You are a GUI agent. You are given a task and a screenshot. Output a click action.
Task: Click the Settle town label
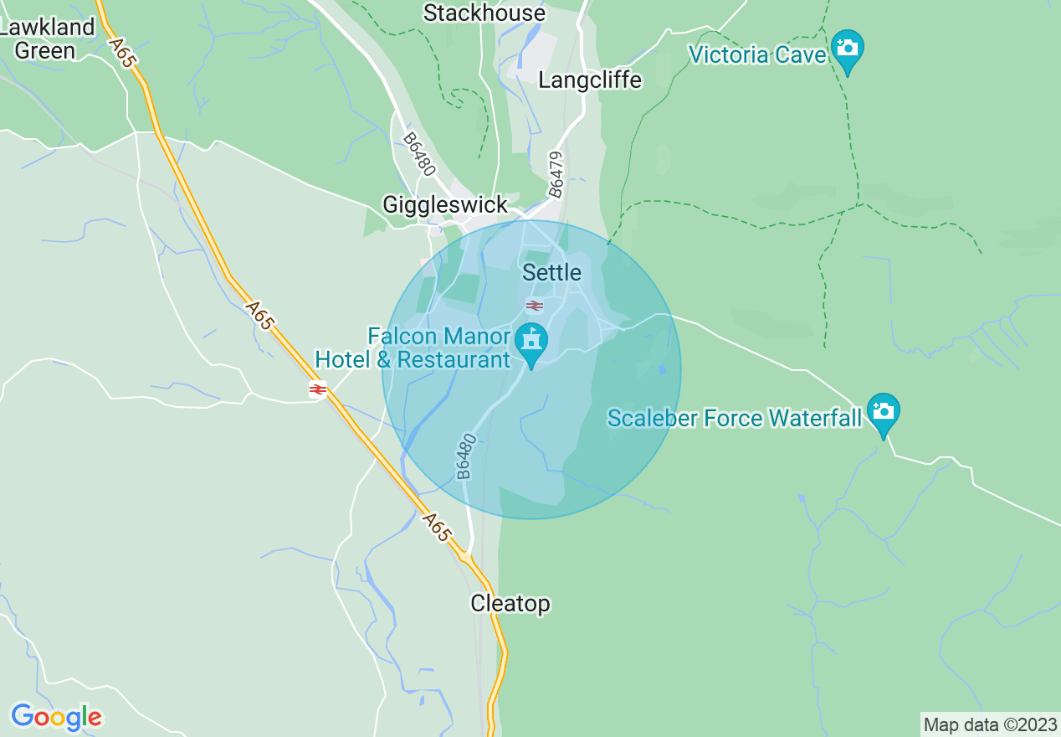(551, 272)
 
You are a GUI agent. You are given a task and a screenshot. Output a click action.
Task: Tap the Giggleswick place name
(444, 204)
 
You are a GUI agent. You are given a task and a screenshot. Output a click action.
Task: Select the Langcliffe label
(590, 80)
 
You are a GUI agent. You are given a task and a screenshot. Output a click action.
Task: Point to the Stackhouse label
(484, 13)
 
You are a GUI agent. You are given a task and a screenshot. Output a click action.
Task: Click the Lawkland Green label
(47, 39)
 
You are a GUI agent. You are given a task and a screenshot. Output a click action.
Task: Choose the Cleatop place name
(510, 603)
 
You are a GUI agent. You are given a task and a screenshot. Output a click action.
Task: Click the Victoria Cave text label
(757, 55)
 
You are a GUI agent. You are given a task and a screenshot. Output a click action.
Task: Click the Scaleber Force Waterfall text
(734, 418)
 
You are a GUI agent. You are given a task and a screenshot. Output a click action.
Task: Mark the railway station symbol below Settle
(535, 306)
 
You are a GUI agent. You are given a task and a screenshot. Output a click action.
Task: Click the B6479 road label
(556, 174)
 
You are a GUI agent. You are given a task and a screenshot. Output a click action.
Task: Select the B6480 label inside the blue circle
(466, 456)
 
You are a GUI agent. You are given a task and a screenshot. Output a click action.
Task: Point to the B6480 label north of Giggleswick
(419, 154)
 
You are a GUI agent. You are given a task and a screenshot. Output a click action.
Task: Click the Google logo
(56, 717)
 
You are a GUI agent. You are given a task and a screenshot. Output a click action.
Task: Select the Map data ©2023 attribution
(990, 724)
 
